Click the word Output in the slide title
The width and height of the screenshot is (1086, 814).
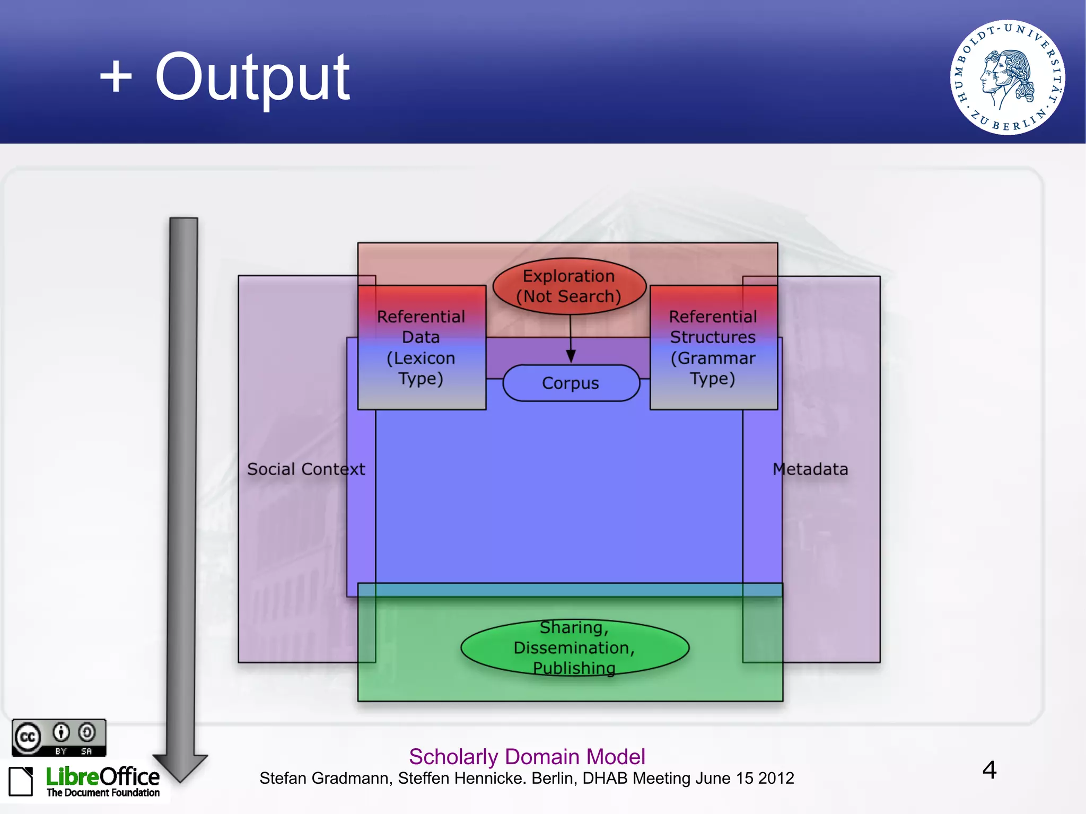252,78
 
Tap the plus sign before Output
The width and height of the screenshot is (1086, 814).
116,77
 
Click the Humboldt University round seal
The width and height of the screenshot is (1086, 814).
1007,77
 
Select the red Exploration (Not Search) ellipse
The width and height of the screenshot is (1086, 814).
569,286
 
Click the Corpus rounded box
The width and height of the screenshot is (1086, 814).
571,383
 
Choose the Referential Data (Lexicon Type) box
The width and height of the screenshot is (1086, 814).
422,348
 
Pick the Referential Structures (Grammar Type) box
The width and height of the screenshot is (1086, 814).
713,348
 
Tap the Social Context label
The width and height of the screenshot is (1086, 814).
306,469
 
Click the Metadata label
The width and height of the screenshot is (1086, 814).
810,469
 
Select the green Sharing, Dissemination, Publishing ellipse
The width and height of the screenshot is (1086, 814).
575,647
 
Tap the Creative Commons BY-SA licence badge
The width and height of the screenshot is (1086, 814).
59,737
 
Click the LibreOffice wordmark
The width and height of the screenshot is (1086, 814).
103,777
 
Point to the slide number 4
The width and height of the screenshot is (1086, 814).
989,770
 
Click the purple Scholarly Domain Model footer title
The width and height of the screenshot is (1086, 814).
527,757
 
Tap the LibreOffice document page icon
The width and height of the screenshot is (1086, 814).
21,781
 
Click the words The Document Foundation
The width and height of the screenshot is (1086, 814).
103,793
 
